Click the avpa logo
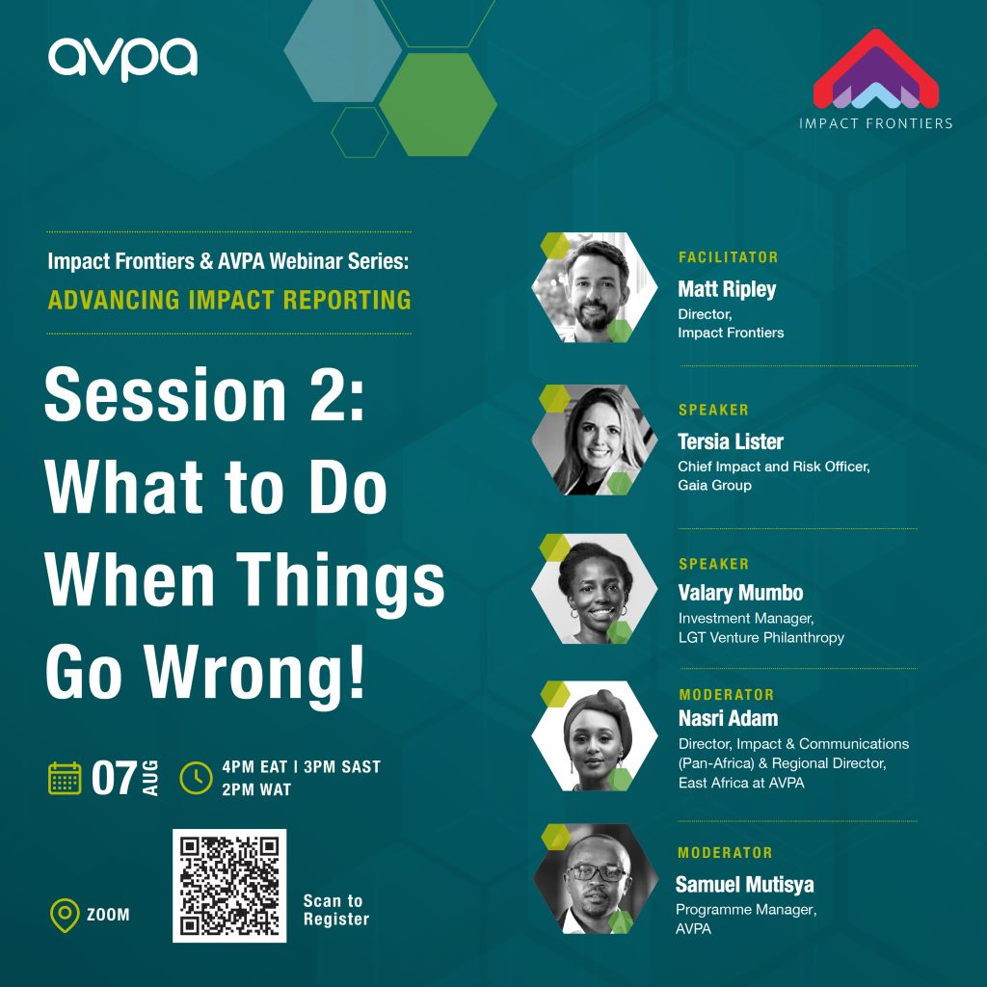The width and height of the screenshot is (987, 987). point(122,59)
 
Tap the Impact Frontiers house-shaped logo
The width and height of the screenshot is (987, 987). point(875,69)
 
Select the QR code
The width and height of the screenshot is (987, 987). point(229,885)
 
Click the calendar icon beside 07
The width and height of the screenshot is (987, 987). point(65,778)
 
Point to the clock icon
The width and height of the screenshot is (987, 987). point(196,778)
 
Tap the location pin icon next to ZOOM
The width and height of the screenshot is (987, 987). point(65,915)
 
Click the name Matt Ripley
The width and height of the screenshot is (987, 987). point(727,289)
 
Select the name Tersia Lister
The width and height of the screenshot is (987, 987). point(731,441)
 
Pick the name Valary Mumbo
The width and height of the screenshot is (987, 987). point(740,593)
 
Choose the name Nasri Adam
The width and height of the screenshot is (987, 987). point(728,718)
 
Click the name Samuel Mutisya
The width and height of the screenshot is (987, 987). point(744,885)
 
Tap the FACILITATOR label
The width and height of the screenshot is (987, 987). point(729,256)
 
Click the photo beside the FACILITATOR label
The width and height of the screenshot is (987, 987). point(594,287)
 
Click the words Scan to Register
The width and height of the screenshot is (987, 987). point(336,910)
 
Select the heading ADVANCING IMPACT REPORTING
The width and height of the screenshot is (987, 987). point(229,300)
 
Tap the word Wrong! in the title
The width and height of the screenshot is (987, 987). point(255,674)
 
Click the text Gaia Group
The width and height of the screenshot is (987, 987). point(714,486)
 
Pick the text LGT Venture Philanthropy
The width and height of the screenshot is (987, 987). point(761,638)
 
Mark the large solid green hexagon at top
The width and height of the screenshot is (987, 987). point(439,104)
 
